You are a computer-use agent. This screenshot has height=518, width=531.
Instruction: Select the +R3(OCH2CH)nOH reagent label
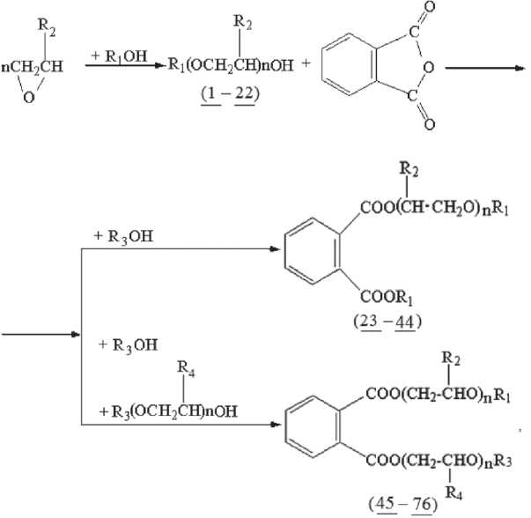tap(164, 412)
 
